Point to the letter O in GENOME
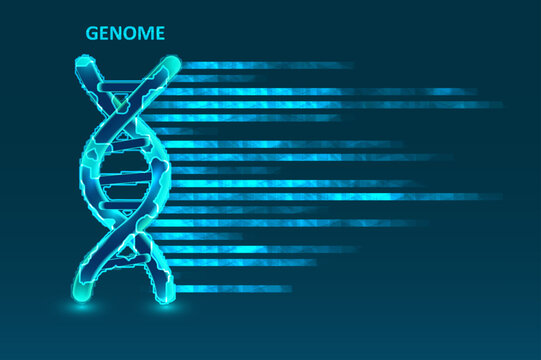(x=133, y=34)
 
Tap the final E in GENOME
(x=160, y=34)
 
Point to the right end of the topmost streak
(x=350, y=65)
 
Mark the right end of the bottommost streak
(x=290, y=288)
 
